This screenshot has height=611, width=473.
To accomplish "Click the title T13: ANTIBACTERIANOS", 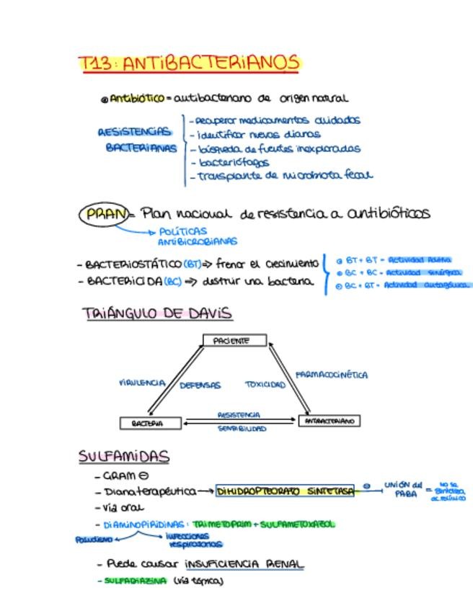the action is (188, 63).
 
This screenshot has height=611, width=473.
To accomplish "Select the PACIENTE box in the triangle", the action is (234, 341).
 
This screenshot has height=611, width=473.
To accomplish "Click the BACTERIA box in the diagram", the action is (151, 424).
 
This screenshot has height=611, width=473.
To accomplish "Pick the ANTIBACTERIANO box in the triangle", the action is (329, 421).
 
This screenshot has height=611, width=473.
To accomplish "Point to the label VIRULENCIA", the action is (142, 383).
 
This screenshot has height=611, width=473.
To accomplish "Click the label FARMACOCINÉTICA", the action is (332, 375).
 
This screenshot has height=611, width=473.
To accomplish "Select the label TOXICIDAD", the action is (265, 385).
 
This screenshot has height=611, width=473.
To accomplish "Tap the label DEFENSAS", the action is (200, 385).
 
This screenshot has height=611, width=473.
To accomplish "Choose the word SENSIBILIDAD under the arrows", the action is (242, 429).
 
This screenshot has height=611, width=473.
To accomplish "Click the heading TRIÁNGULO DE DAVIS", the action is (156, 313).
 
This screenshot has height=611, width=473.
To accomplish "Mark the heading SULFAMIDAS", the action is (123, 456).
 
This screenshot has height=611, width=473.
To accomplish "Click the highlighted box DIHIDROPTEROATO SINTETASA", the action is (286, 491).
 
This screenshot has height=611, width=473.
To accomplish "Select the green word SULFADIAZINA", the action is (135, 580).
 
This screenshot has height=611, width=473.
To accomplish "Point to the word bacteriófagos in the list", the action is (234, 162).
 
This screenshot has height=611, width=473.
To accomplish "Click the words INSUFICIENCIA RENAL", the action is (244, 564).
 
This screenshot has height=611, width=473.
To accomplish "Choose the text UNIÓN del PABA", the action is (403, 489).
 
